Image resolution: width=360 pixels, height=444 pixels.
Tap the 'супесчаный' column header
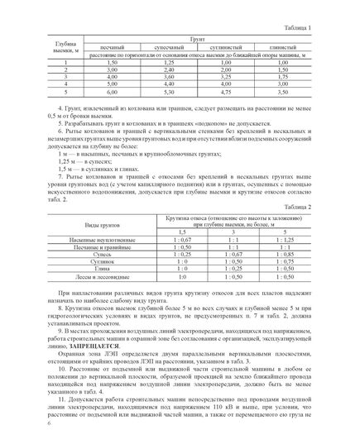(170, 49)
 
